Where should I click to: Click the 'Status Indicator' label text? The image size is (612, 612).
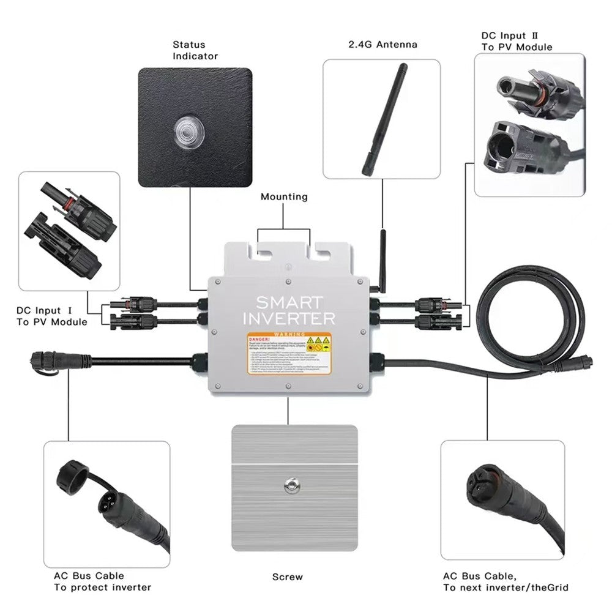pyautogui.click(x=195, y=50)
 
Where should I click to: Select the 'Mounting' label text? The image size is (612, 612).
pyautogui.click(x=284, y=197)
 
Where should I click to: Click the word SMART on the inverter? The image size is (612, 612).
pyautogui.click(x=289, y=302)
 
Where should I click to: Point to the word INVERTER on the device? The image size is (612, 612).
pyautogui.click(x=289, y=318)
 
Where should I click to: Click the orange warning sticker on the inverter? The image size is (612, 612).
pyautogui.click(x=289, y=353)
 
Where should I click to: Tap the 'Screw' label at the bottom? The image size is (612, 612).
pyautogui.click(x=287, y=577)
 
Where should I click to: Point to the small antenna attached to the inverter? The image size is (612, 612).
pyautogui.click(x=382, y=257)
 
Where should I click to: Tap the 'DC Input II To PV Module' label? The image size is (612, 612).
pyautogui.click(x=517, y=42)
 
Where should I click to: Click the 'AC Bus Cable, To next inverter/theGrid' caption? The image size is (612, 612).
pyautogui.click(x=506, y=581)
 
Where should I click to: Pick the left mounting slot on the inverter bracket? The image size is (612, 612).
pyautogui.click(x=264, y=251)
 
